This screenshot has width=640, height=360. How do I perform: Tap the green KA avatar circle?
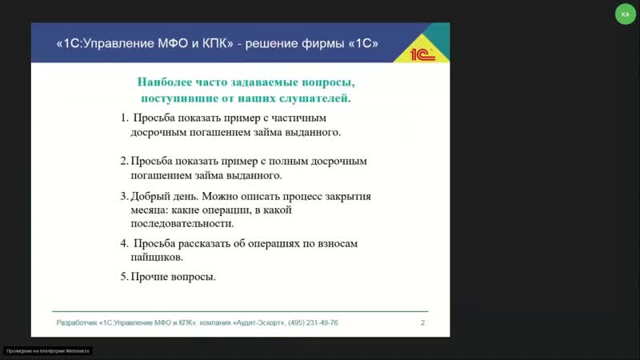click(x=625, y=14)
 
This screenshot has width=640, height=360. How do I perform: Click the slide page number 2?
click(x=422, y=322)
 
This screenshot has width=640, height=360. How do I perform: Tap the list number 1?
click(x=125, y=118)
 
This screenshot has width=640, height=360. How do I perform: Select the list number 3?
click(x=124, y=196)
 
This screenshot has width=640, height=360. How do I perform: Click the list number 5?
click(x=124, y=277)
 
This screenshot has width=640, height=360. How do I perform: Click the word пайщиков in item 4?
click(x=157, y=258)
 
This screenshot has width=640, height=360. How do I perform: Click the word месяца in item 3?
click(x=148, y=210)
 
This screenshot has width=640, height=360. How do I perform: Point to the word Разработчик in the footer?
click(x=77, y=322)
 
